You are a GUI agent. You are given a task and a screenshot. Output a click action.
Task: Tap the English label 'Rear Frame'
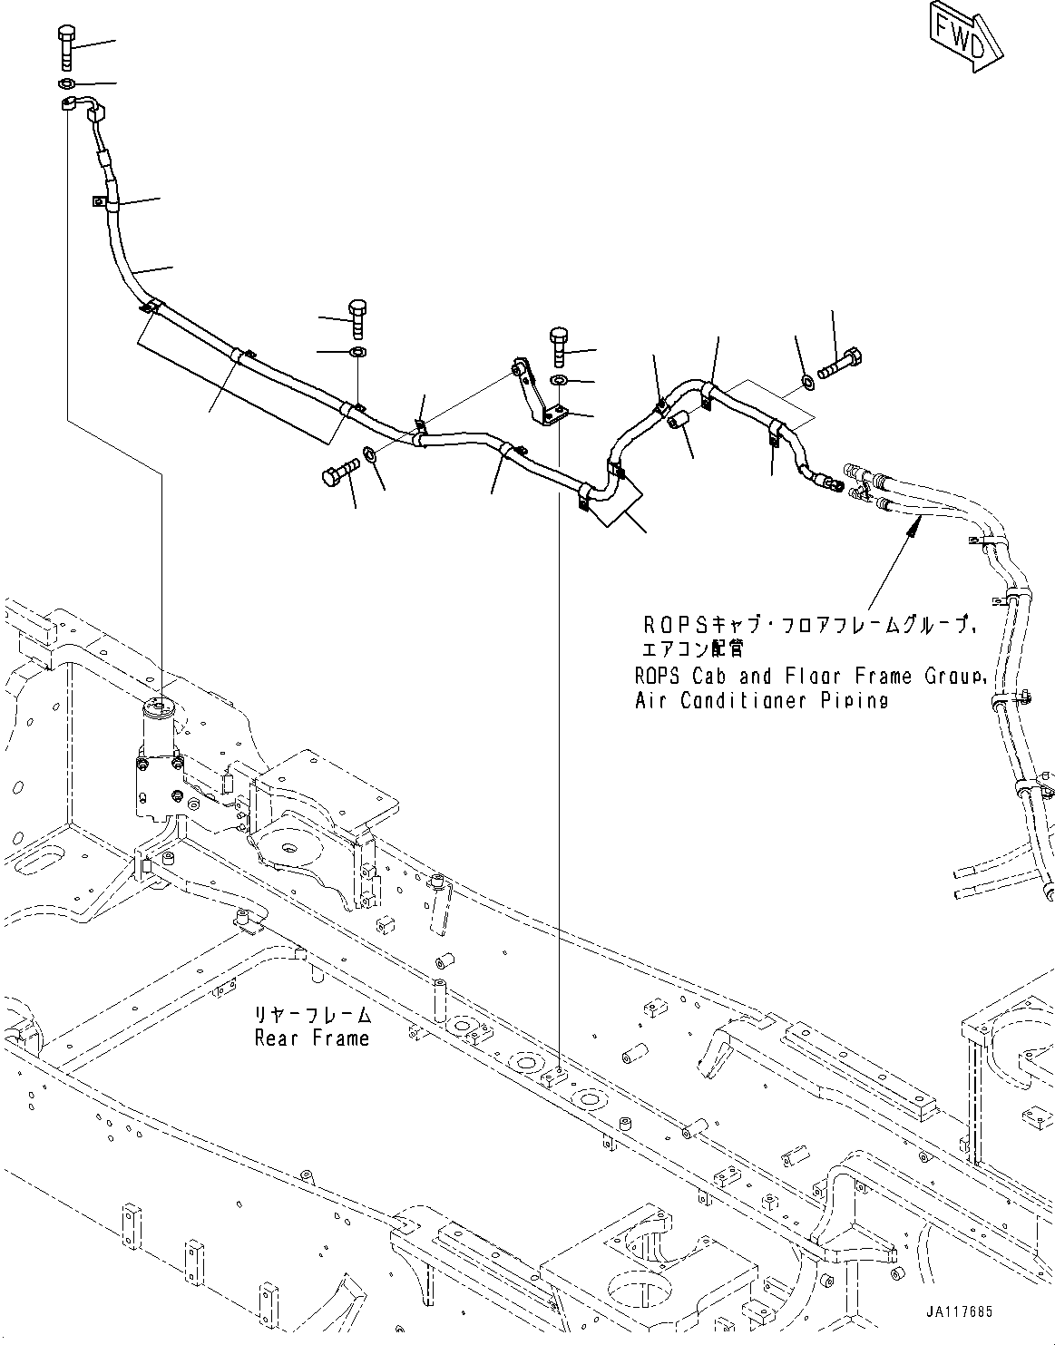(x=312, y=1038)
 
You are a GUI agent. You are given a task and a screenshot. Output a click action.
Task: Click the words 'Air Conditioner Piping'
(x=761, y=700)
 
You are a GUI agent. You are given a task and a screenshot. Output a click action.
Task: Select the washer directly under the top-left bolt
(x=67, y=85)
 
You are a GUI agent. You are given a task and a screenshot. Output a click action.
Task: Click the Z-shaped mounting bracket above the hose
(x=537, y=393)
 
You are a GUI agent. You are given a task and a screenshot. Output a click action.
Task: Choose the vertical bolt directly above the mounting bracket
(x=558, y=346)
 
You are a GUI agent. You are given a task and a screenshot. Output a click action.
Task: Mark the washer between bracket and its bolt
(x=559, y=379)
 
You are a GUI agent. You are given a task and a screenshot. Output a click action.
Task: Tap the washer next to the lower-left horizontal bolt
(x=371, y=453)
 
